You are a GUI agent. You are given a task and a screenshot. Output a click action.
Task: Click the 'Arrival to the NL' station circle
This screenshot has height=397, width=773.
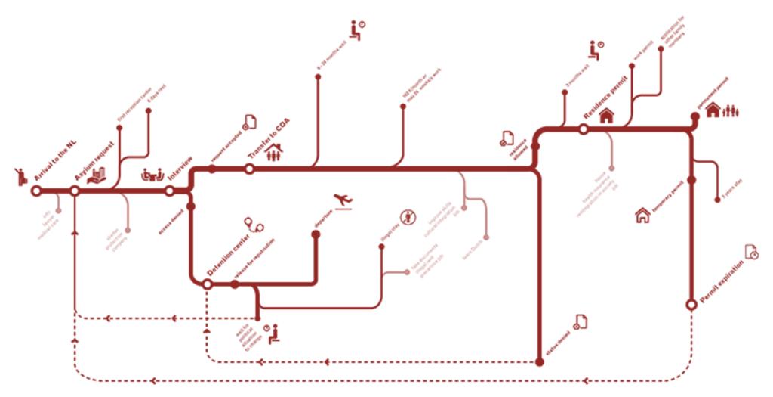pos(35,191)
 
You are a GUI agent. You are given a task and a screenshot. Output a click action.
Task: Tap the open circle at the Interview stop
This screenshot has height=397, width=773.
pos(170,191)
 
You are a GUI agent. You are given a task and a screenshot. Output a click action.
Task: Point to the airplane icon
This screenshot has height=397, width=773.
pos(343,200)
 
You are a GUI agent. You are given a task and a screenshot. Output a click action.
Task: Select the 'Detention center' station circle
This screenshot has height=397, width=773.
pos(208,284)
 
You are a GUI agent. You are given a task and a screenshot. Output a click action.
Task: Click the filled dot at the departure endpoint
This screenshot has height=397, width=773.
pos(316,234)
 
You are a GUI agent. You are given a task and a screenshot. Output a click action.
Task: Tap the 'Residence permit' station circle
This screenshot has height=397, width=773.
pos(584,130)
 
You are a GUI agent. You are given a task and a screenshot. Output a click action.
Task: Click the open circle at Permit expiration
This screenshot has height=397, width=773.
pos(691,304)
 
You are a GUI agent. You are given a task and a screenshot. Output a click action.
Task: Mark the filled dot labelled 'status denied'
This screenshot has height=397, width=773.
pos(539,361)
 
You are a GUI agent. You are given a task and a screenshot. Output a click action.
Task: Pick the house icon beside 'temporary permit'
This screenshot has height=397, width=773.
pos(642,216)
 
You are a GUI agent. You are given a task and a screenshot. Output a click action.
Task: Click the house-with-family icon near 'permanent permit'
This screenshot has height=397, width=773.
pos(722,110)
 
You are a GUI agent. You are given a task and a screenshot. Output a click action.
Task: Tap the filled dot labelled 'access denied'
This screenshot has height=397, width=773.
pos(190,206)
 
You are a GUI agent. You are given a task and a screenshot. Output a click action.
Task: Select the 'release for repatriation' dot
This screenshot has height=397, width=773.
pos(235,284)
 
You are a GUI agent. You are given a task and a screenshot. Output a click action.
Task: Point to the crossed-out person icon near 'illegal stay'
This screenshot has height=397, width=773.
pos(408,216)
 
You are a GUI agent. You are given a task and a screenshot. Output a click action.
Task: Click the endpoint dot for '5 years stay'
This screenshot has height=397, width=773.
pos(717,200)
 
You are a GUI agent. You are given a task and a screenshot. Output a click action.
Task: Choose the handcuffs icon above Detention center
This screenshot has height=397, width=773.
pos(253,223)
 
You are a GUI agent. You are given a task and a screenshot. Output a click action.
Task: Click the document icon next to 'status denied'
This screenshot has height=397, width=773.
pos(581,322)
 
